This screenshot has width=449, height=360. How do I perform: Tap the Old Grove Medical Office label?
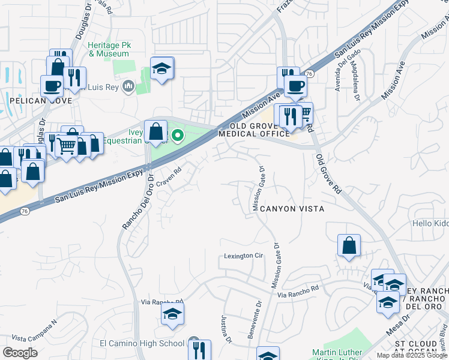tap(258, 130)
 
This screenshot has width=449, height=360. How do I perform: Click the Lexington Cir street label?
tap(244, 256)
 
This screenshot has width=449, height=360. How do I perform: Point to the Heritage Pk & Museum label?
tap(109, 49)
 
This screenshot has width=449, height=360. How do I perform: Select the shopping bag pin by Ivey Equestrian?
tap(155, 130)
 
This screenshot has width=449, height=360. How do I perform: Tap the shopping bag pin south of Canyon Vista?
tap(349, 245)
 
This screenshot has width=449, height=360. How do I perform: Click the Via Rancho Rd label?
tap(298, 291)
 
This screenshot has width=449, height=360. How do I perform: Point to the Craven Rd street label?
tap(169, 177)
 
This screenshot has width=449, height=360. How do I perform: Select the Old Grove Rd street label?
tap(329, 173)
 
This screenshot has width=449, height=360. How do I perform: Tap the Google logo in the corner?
tap(20, 353)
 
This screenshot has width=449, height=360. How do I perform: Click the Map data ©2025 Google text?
tap(411, 355)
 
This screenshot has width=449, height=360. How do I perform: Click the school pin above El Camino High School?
tap(172, 314)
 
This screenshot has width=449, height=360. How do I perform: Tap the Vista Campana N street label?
tap(34, 323)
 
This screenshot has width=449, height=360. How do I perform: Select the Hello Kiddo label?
tap(430, 223)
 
